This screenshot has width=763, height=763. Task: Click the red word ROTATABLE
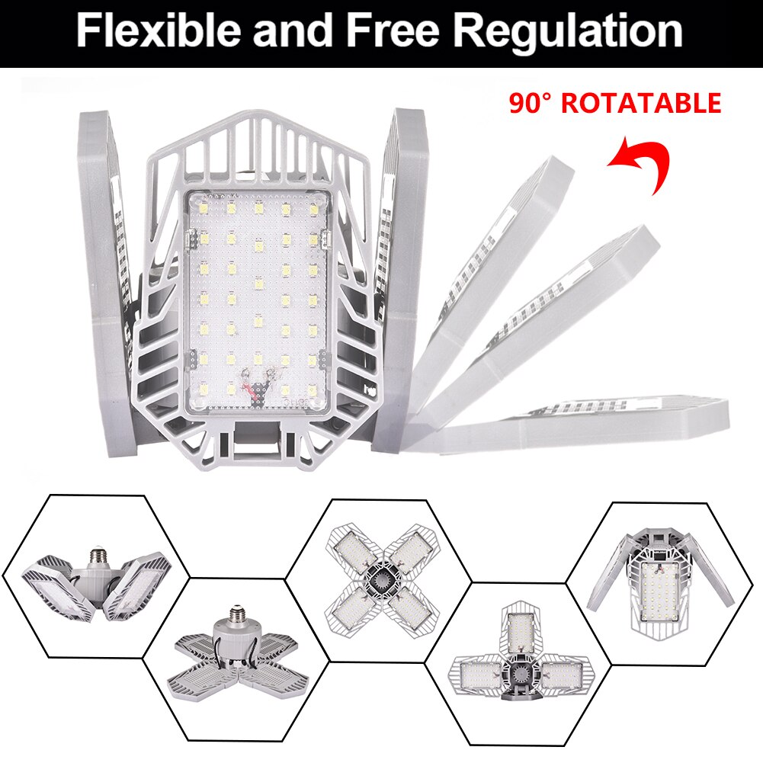click(641, 103)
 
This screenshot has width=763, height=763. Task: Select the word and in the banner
click(293, 31)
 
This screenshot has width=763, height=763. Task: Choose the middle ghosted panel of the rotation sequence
click(549, 328)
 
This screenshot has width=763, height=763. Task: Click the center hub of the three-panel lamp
click(521, 674)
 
